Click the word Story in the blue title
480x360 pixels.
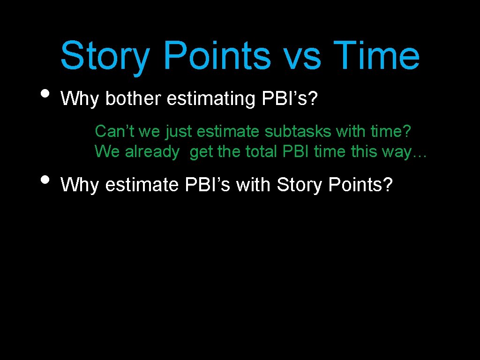click(105, 56)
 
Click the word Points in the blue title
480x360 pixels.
click(217, 55)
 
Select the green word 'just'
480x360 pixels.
click(178, 132)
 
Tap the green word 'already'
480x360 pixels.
click(152, 152)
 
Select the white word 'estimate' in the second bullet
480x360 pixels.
click(143, 185)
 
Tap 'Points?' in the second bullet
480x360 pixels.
click(360, 185)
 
